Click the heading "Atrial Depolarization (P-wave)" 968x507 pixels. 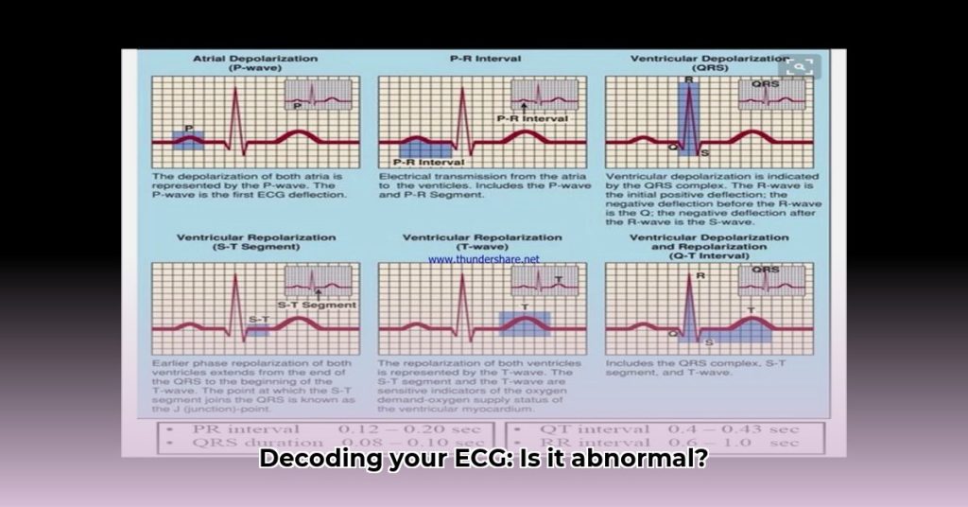255,63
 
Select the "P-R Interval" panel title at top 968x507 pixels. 481,59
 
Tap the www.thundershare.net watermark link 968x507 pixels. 483,258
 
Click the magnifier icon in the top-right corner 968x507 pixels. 800,66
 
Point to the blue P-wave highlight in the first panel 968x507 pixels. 189,139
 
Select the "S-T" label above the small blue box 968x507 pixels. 256,319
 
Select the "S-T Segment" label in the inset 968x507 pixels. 316,305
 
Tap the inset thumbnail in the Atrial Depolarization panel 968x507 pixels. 319,95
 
